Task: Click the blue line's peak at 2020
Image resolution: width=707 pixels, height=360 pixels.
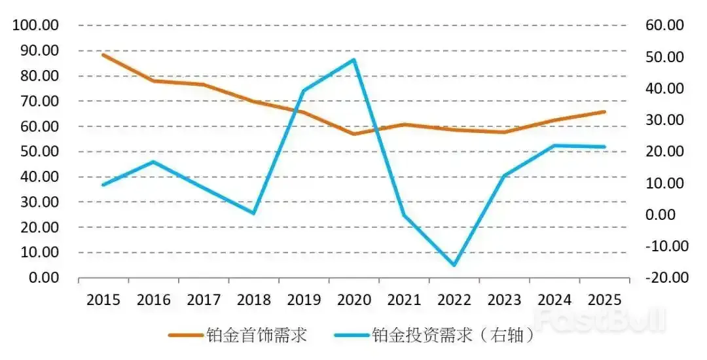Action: tap(354, 60)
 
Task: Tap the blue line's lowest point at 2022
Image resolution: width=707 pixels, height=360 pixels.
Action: tap(454, 265)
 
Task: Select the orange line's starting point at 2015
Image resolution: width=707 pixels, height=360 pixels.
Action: tap(103, 54)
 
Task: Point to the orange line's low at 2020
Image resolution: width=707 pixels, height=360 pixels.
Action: tap(354, 134)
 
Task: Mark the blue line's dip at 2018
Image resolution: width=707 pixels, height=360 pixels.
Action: tap(254, 213)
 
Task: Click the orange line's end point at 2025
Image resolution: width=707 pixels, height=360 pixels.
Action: tap(604, 111)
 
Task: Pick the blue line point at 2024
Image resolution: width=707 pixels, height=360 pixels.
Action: tap(554, 145)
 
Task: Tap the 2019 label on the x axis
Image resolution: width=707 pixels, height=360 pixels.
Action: tap(304, 300)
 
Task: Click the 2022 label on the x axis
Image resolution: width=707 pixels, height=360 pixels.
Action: tap(454, 300)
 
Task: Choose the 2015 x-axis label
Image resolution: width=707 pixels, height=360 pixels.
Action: tap(103, 300)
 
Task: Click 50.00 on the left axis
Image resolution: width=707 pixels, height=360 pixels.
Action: tap(41, 151)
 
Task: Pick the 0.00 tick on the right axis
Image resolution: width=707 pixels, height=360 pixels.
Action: tap(666, 215)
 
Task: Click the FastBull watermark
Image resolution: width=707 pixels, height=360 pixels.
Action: tap(599, 319)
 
